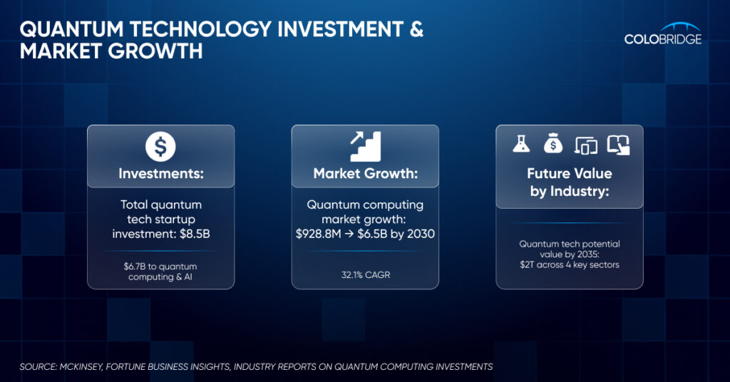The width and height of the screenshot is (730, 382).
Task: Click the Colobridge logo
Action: [663, 34]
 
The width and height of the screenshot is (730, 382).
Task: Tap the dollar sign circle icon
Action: [160, 146]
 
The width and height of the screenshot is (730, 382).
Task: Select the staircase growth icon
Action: [366, 146]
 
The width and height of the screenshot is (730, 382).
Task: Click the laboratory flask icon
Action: [521, 144]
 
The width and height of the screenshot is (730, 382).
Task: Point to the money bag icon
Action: [553, 144]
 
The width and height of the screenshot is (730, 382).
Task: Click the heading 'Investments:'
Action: [161, 174]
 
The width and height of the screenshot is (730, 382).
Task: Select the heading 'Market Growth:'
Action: [366, 174]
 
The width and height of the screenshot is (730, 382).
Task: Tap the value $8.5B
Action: [195, 234]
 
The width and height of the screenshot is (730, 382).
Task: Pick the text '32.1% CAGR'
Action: [366, 275]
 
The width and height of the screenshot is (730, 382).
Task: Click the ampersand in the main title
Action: [416, 29]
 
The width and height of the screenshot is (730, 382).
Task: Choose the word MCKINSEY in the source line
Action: [81, 366]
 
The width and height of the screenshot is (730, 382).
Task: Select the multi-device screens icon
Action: [586, 145]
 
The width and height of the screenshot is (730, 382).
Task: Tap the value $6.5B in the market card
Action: [372, 234]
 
